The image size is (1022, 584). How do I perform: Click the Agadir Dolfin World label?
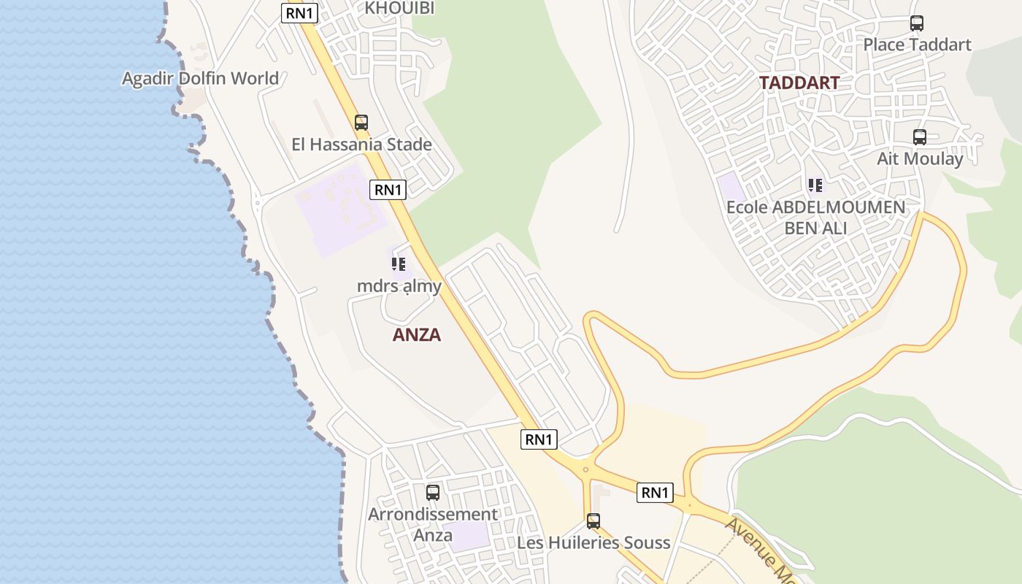pos(200,78)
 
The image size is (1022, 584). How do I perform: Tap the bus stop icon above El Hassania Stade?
pos(361,122)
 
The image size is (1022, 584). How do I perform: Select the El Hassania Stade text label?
pos(361,145)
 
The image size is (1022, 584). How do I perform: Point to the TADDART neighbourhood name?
pos(799,82)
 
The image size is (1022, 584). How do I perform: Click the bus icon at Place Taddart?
pos(917,23)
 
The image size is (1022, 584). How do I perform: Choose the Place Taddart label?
pos(917,45)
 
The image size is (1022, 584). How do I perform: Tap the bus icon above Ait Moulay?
pos(920,137)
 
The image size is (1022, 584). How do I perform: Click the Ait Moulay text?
pos(920,158)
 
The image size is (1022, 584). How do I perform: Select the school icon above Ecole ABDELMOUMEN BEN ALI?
pos(815,185)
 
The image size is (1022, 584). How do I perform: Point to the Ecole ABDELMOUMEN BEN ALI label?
pos(815,217)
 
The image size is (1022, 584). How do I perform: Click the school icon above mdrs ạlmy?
pos(399,264)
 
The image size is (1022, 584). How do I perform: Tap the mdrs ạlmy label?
pos(399,285)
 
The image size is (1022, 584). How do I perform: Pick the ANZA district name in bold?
pos(417,334)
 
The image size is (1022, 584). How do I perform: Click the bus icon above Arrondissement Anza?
pos(433,492)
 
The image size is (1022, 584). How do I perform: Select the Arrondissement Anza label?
pos(433,524)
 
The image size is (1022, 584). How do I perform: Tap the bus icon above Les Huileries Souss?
pos(593,521)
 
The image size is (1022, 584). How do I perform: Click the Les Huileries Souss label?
pos(593,542)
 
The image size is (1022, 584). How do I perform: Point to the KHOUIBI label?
pos(399,8)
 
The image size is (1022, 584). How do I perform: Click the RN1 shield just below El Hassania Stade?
pos(388,190)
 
